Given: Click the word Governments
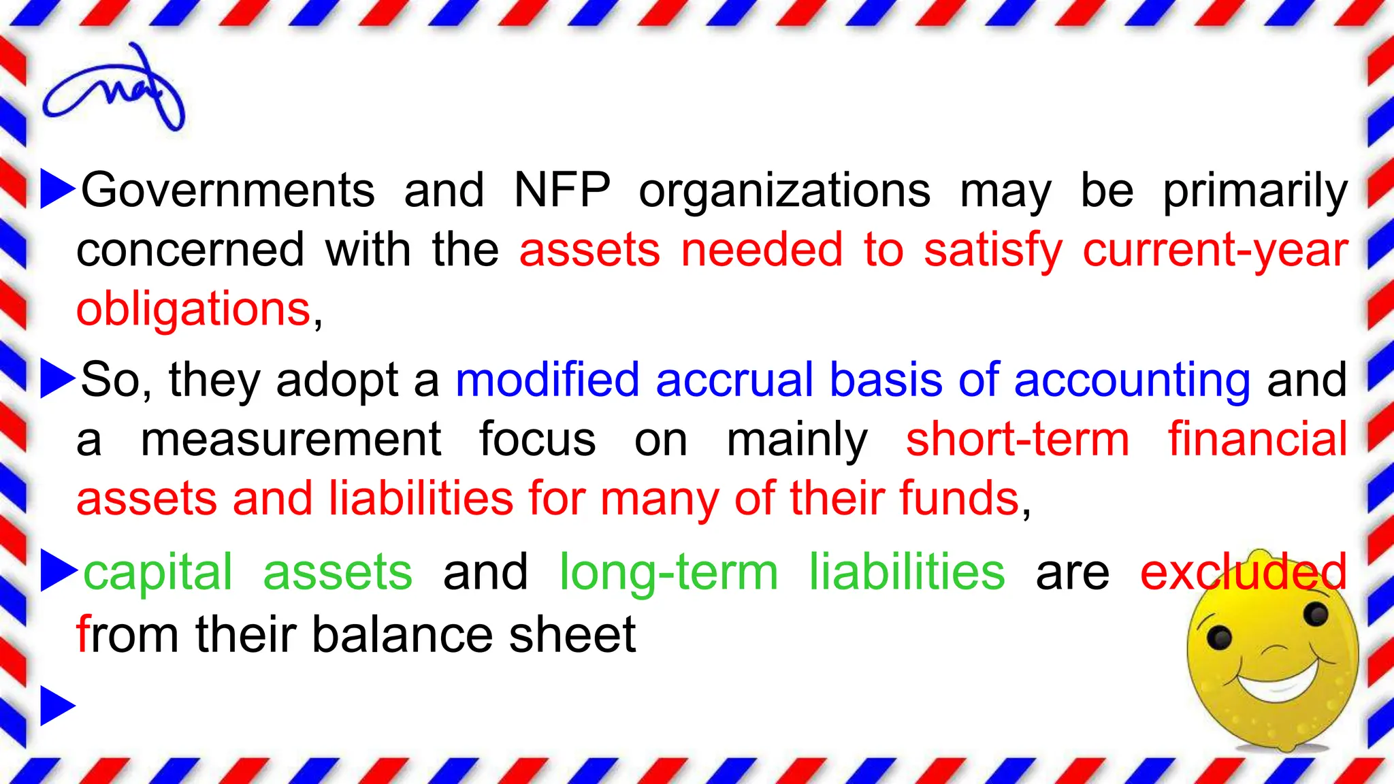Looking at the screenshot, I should click(x=228, y=190).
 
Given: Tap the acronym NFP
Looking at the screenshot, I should click(x=562, y=190).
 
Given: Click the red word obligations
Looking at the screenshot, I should click(x=193, y=310).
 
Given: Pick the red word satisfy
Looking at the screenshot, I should click(x=992, y=250).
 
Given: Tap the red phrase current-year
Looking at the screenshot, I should click(x=1215, y=250).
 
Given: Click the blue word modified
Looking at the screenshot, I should click(x=547, y=380).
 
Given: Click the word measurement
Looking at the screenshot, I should click(x=291, y=440).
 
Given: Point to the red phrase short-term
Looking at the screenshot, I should click(x=1017, y=440).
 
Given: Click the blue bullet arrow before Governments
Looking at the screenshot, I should click(x=57, y=189).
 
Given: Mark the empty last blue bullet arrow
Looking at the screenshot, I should click(x=57, y=706).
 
